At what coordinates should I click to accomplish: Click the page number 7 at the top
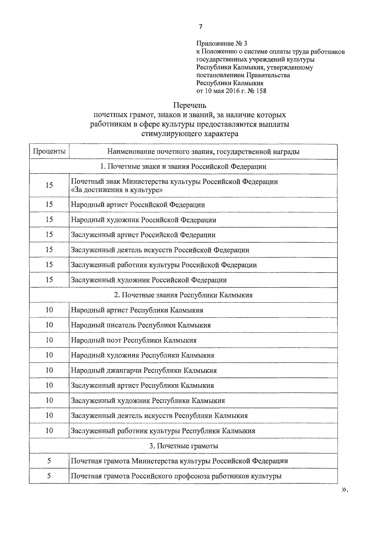(201, 27)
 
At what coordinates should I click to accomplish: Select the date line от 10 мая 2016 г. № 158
(231, 91)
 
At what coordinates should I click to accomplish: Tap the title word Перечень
(190, 105)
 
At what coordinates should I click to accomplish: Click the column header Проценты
(49, 152)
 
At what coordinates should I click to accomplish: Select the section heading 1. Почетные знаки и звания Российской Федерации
(183, 167)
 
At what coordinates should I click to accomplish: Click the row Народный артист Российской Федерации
(138, 205)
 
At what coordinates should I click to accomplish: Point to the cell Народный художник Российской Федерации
(144, 220)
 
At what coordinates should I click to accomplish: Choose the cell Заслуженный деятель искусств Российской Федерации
(160, 250)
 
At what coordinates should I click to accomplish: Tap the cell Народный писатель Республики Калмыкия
(141, 325)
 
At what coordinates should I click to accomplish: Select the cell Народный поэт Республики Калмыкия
(134, 340)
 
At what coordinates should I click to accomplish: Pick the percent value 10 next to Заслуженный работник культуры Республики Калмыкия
(49, 430)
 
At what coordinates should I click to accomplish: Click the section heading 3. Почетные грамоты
(183, 446)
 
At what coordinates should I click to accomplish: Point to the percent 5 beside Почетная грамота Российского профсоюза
(49, 476)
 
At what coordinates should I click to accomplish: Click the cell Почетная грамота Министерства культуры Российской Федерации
(179, 461)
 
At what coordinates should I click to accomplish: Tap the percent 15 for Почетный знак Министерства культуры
(49, 185)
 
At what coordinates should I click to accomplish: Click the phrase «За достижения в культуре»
(117, 190)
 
